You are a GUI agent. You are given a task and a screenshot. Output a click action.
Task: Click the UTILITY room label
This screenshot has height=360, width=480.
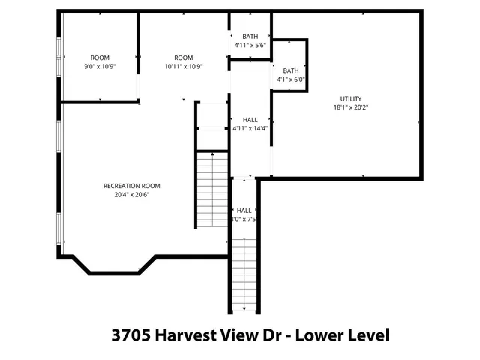(x=351, y=98)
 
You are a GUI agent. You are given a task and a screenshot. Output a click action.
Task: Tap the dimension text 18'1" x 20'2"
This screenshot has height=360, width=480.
(x=351, y=107)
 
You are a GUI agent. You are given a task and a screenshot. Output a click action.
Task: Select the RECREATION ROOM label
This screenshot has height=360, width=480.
(x=131, y=186)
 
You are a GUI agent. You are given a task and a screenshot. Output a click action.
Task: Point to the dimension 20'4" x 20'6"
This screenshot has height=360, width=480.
(x=131, y=195)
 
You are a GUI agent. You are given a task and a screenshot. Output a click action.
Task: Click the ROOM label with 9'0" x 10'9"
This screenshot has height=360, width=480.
(x=100, y=58)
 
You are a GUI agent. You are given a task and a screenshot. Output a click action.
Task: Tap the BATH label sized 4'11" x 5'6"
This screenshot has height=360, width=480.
(x=250, y=37)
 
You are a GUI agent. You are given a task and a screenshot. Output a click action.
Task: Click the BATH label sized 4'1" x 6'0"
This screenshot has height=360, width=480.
(x=290, y=70)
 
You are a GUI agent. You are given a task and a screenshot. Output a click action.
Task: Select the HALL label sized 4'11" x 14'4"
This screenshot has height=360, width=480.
(x=250, y=119)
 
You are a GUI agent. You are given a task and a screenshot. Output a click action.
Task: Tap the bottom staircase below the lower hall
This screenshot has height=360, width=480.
(x=244, y=273)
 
